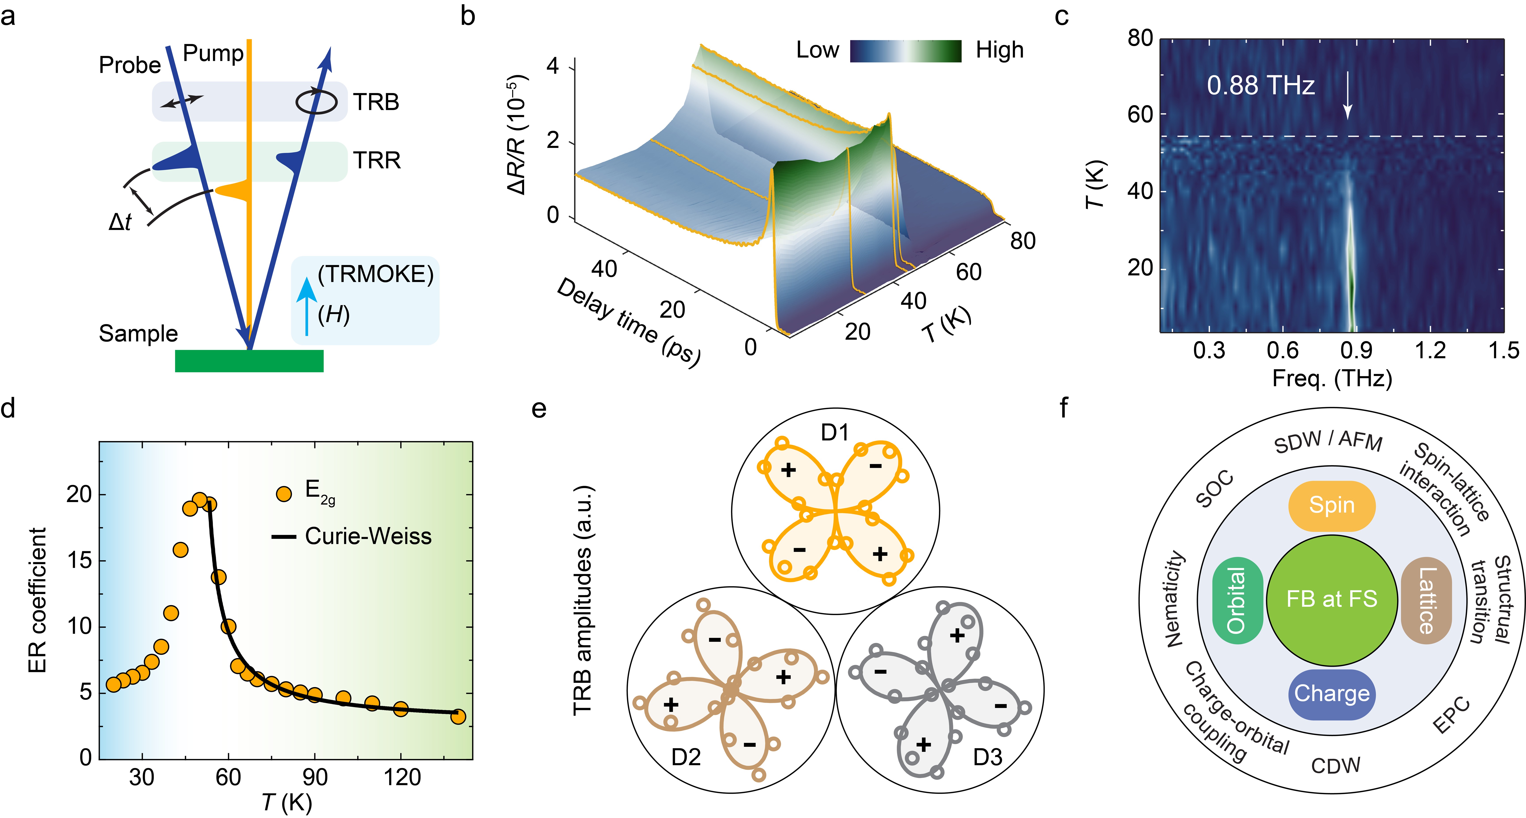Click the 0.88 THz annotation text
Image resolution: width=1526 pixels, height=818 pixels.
1261,86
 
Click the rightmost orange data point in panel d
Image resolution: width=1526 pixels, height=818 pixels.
458,717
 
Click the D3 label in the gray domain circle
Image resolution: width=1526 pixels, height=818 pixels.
987,757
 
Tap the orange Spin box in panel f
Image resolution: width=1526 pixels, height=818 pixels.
1332,505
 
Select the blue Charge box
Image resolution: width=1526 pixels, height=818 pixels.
1332,694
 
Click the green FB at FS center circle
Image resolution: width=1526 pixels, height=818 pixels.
1332,599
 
